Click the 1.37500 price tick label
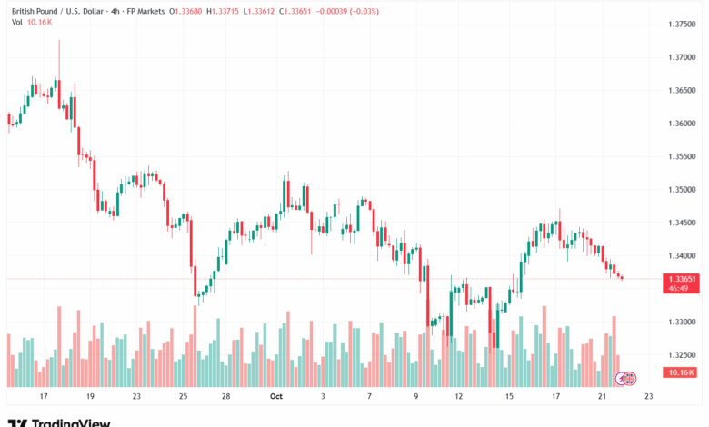(681, 24)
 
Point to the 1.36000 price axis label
(681, 124)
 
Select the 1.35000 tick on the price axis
(681, 190)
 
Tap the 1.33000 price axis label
(681, 323)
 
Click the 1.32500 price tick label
(681, 355)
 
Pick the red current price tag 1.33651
(681, 279)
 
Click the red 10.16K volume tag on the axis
(681, 372)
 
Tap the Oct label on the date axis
(275, 396)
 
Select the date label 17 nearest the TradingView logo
(43, 396)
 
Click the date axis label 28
(225, 396)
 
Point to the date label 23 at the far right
(648, 396)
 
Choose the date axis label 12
(459, 396)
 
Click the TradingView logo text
(71, 422)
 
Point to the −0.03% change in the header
(365, 11)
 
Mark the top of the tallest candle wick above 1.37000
(59, 40)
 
